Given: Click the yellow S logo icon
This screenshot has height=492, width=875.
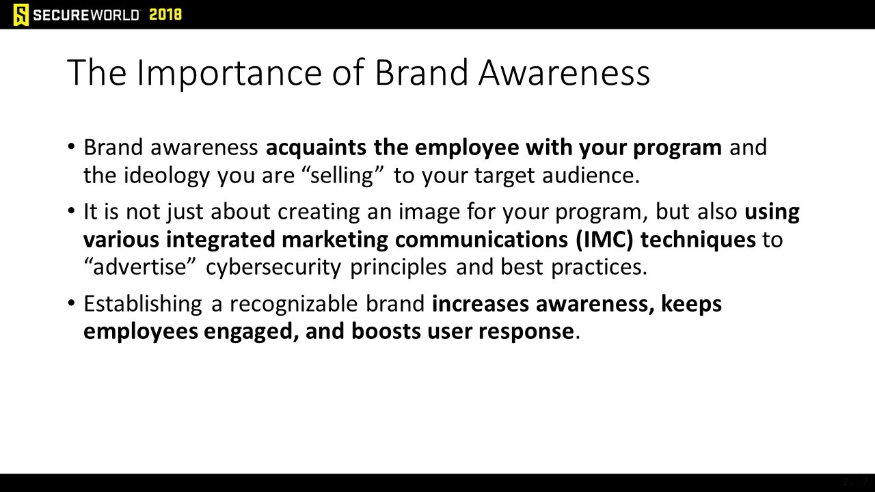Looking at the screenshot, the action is point(21,14).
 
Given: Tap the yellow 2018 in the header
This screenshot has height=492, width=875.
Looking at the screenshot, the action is point(165,15).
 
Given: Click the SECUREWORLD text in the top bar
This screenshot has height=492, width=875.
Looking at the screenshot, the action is point(86,15).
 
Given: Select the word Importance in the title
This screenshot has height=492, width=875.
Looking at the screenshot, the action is point(229,73).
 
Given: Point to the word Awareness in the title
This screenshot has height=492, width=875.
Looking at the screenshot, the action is point(565,72).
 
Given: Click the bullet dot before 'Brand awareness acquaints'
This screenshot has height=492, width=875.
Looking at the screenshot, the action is point(71,147).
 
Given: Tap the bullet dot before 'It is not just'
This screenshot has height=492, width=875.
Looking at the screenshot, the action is point(71,211).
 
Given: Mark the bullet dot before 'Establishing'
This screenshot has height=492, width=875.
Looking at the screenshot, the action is point(71,303).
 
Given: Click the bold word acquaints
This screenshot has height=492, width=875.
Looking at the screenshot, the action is point(316,148).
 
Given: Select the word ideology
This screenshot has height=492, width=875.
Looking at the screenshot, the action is point(167,176).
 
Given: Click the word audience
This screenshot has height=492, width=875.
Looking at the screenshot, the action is point(591,175).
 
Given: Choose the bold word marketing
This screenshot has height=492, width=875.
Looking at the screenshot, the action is point(335,240).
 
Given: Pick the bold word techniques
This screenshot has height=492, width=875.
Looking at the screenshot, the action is point(698,240).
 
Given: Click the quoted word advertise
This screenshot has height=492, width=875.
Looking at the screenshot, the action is point(139,267).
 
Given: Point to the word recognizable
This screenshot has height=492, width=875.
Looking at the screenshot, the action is point(294,304).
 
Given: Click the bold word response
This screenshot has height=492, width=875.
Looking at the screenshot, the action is point(526,332).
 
